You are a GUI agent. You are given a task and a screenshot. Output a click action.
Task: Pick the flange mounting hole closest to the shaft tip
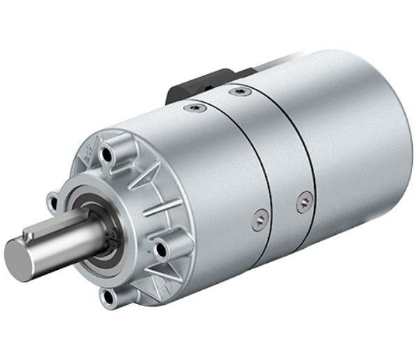click(52, 203)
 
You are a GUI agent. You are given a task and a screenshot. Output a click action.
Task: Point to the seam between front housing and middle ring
click(269, 175)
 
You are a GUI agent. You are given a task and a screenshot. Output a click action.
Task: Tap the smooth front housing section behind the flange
click(216, 175)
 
